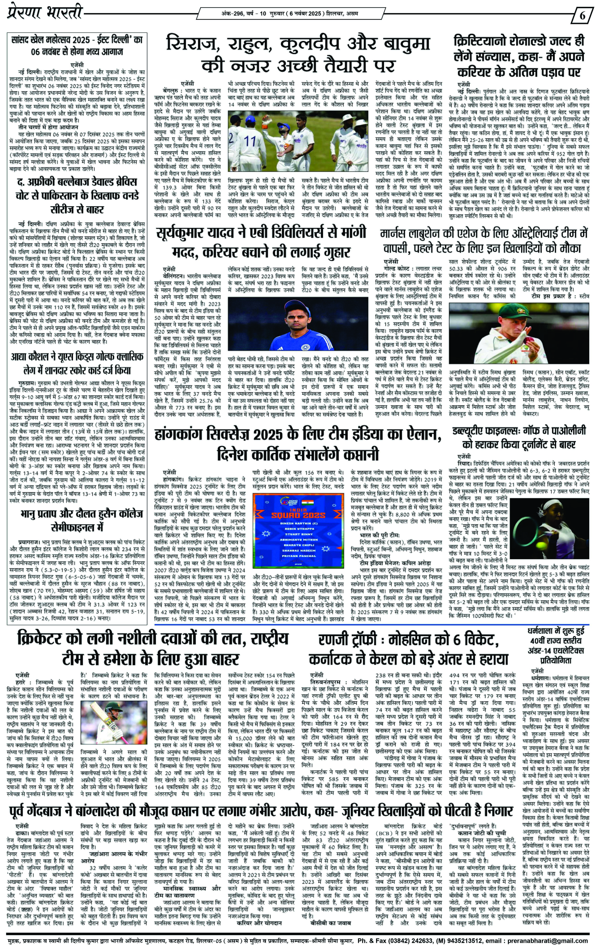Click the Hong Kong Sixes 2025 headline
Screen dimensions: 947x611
(x=298, y=445)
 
